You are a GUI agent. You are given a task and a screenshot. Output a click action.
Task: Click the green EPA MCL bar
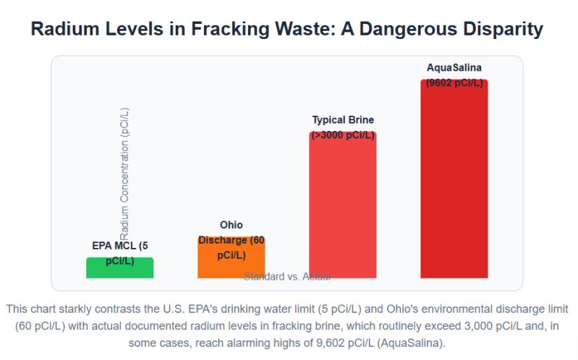[119, 268]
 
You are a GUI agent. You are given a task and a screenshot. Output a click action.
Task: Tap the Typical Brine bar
[342, 210]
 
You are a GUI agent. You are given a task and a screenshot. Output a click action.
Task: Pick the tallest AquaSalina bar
[454, 181]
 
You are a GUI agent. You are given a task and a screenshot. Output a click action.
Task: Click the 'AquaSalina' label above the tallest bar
[454, 68]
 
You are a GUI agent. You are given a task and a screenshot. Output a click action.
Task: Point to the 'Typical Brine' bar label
[343, 120]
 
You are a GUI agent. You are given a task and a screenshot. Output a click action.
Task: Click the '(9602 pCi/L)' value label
[454, 82]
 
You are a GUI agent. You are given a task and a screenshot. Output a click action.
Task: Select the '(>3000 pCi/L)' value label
[343, 134]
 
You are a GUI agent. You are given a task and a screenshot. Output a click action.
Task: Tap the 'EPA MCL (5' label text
[119, 245]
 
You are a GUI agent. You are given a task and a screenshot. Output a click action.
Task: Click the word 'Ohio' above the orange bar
[231, 226]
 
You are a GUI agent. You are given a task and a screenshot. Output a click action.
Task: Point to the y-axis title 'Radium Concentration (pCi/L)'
[124, 173]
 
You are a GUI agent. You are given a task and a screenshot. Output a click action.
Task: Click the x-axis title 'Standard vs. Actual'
[287, 276]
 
